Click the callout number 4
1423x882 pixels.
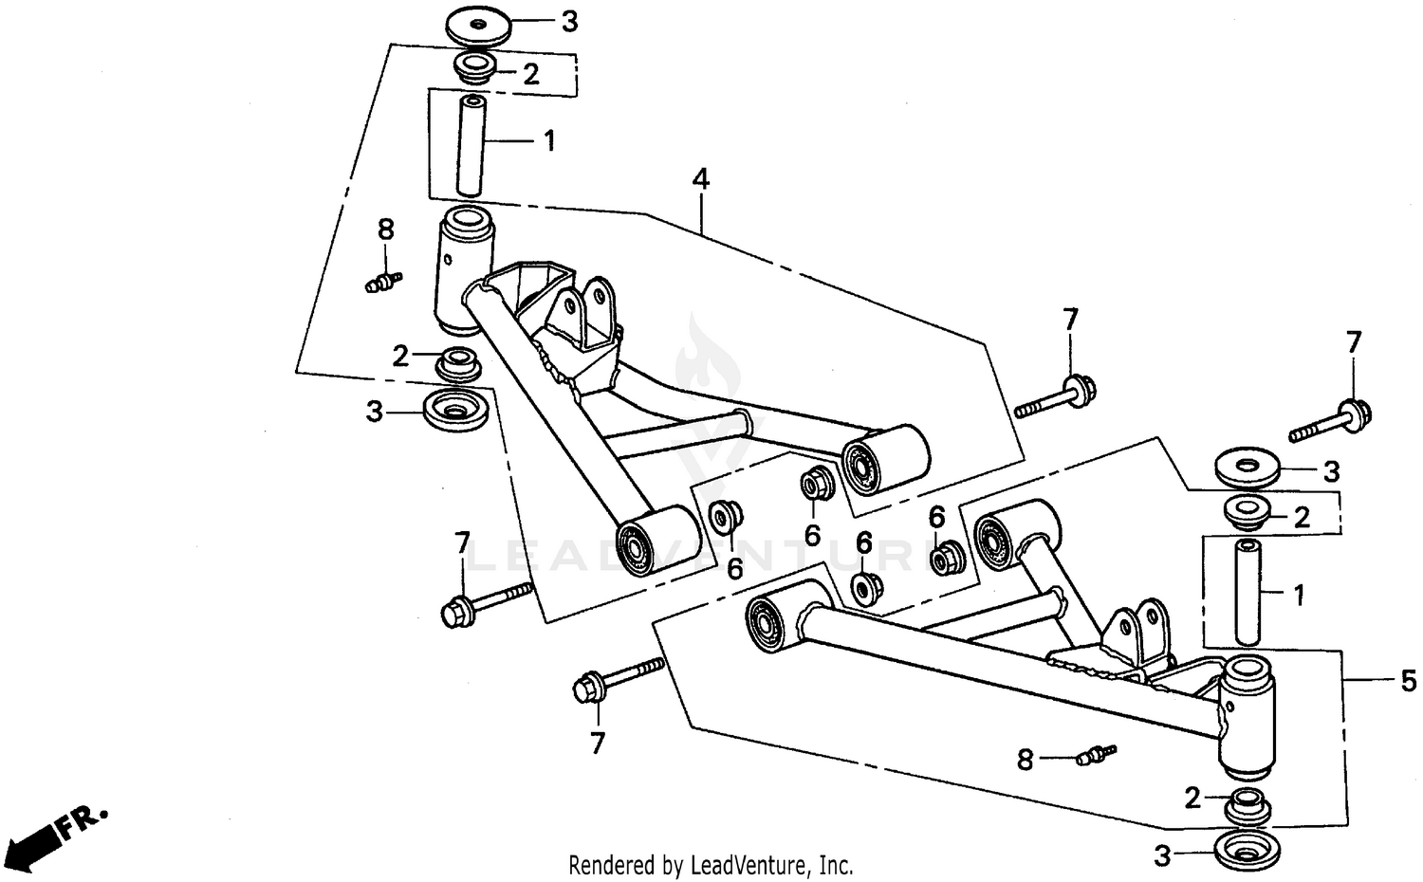700,178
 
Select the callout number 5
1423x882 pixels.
1408,680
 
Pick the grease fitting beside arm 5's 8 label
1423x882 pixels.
1097,755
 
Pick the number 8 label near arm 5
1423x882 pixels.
1025,760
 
